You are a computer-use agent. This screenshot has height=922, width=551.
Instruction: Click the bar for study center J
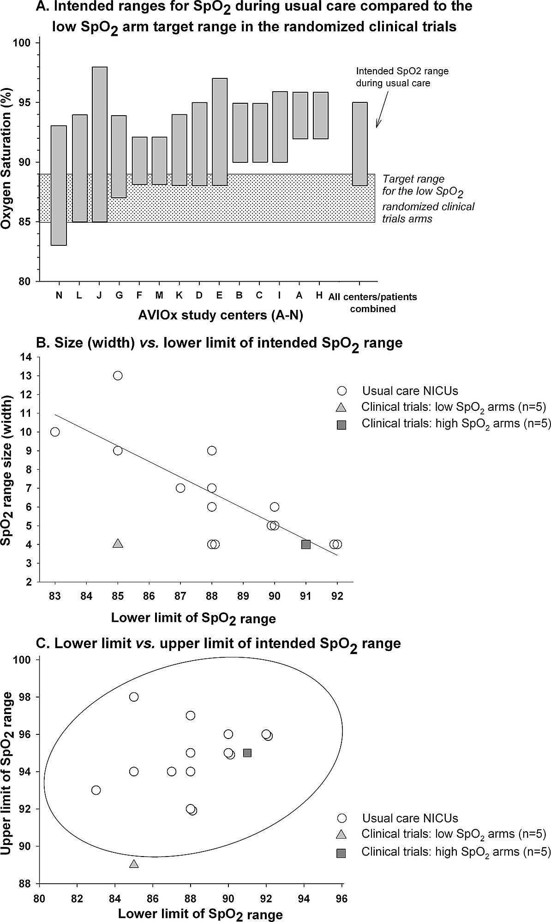click(x=100, y=144)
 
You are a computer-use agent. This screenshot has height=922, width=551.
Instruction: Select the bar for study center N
click(x=59, y=185)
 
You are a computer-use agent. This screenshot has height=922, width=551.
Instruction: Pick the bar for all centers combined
click(x=359, y=144)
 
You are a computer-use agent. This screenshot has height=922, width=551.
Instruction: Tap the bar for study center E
click(x=220, y=132)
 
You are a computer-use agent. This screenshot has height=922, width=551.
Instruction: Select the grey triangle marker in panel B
click(x=118, y=544)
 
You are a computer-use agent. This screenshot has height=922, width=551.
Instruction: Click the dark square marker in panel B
click(x=305, y=544)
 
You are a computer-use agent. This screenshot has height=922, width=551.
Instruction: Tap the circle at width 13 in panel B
click(x=118, y=376)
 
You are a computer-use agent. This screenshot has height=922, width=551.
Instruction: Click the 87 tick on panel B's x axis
click(x=180, y=594)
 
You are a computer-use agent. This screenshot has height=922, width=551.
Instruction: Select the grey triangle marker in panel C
click(x=134, y=863)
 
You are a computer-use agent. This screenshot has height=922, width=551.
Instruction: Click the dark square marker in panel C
click(x=247, y=753)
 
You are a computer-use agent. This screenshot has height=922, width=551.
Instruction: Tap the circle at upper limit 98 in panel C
click(x=134, y=697)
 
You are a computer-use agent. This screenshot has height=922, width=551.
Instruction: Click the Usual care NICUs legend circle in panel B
click(x=342, y=391)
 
